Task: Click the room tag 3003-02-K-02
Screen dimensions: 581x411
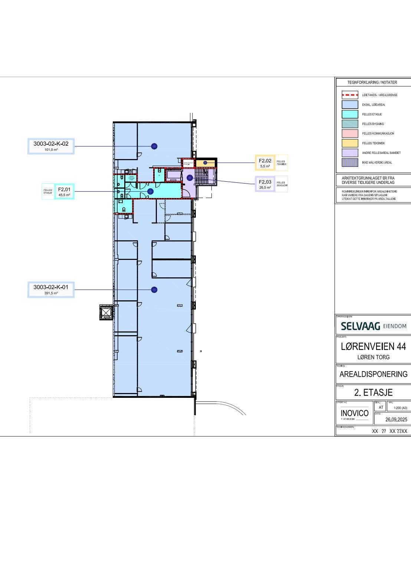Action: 51,146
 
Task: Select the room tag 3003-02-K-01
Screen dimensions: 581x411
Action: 51,290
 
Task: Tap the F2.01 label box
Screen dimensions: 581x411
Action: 64,191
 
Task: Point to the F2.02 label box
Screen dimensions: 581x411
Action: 265,163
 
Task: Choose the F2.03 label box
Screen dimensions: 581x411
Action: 265,184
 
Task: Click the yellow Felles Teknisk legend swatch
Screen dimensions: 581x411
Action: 349,143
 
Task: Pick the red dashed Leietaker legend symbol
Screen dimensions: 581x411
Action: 349,95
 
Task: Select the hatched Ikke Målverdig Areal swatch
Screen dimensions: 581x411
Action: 349,162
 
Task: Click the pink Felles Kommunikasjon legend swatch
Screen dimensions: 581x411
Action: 349,133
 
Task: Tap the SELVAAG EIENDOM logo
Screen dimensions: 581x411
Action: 373,326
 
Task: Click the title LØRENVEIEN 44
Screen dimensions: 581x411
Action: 373,347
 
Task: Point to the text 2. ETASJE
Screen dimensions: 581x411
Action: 373,392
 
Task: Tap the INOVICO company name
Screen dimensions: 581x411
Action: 354,413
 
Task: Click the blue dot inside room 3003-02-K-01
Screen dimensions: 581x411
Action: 154,290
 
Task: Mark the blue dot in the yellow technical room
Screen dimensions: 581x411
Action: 205,163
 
